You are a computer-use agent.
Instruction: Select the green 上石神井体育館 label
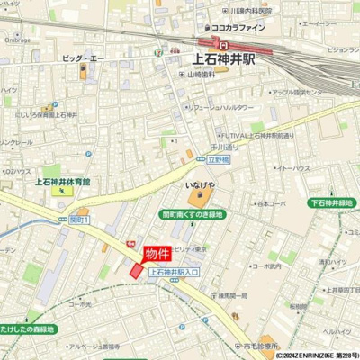pos(68,182)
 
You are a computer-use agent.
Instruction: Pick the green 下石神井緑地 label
pos(329,203)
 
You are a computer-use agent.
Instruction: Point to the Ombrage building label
pos(16,40)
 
